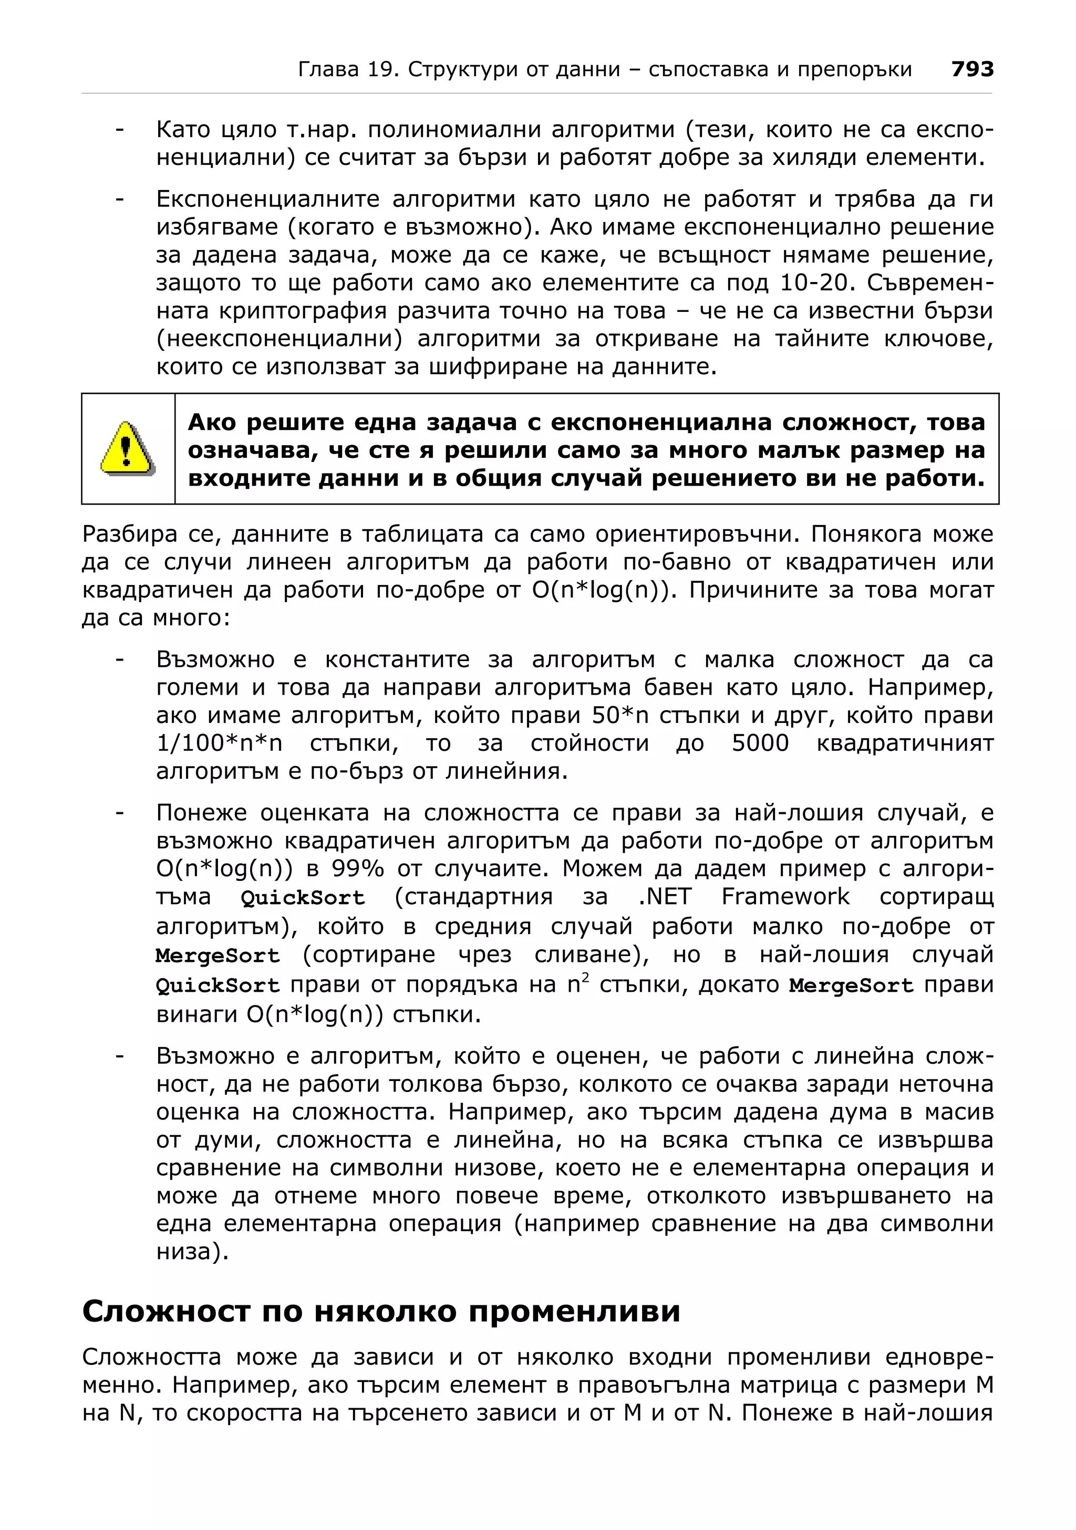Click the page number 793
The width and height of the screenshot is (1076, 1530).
(972, 69)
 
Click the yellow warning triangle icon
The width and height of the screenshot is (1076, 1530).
(127, 448)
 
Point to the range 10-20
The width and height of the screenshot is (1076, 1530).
(816, 283)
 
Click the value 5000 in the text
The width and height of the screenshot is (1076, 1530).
(760, 743)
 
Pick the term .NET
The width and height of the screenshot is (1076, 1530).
(665, 897)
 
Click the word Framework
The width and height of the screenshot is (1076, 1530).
(785, 897)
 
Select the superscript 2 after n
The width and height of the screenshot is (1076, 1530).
(585, 978)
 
